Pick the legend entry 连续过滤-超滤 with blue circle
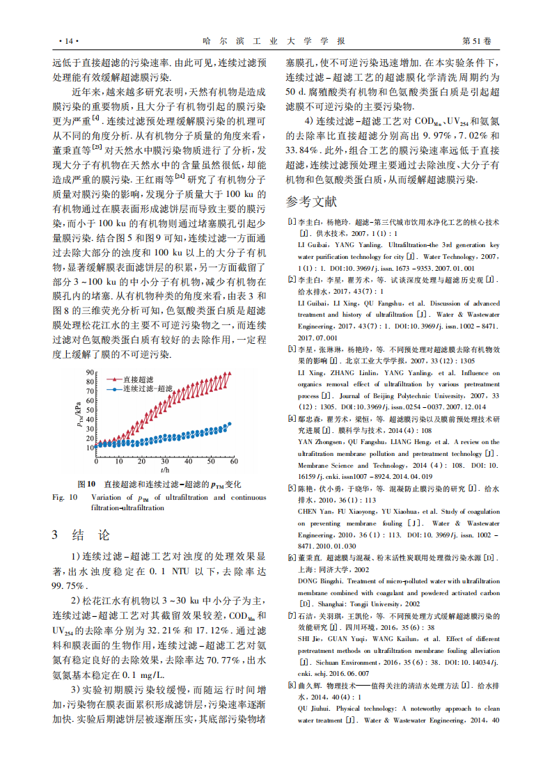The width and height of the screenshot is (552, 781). (142, 389)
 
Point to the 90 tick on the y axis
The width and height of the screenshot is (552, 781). (90, 372)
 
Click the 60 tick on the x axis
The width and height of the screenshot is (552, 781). (233, 461)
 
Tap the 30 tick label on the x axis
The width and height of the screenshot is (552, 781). (165, 461)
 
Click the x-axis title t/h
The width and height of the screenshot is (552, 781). (164, 470)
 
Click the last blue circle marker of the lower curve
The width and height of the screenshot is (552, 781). (230, 423)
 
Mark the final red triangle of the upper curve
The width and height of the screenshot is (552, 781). (230, 374)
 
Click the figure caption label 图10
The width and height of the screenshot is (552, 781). (86, 484)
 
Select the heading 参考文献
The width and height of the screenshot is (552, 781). (310, 202)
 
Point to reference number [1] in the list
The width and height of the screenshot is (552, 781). (292, 222)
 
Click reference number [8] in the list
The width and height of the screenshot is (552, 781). (292, 686)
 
